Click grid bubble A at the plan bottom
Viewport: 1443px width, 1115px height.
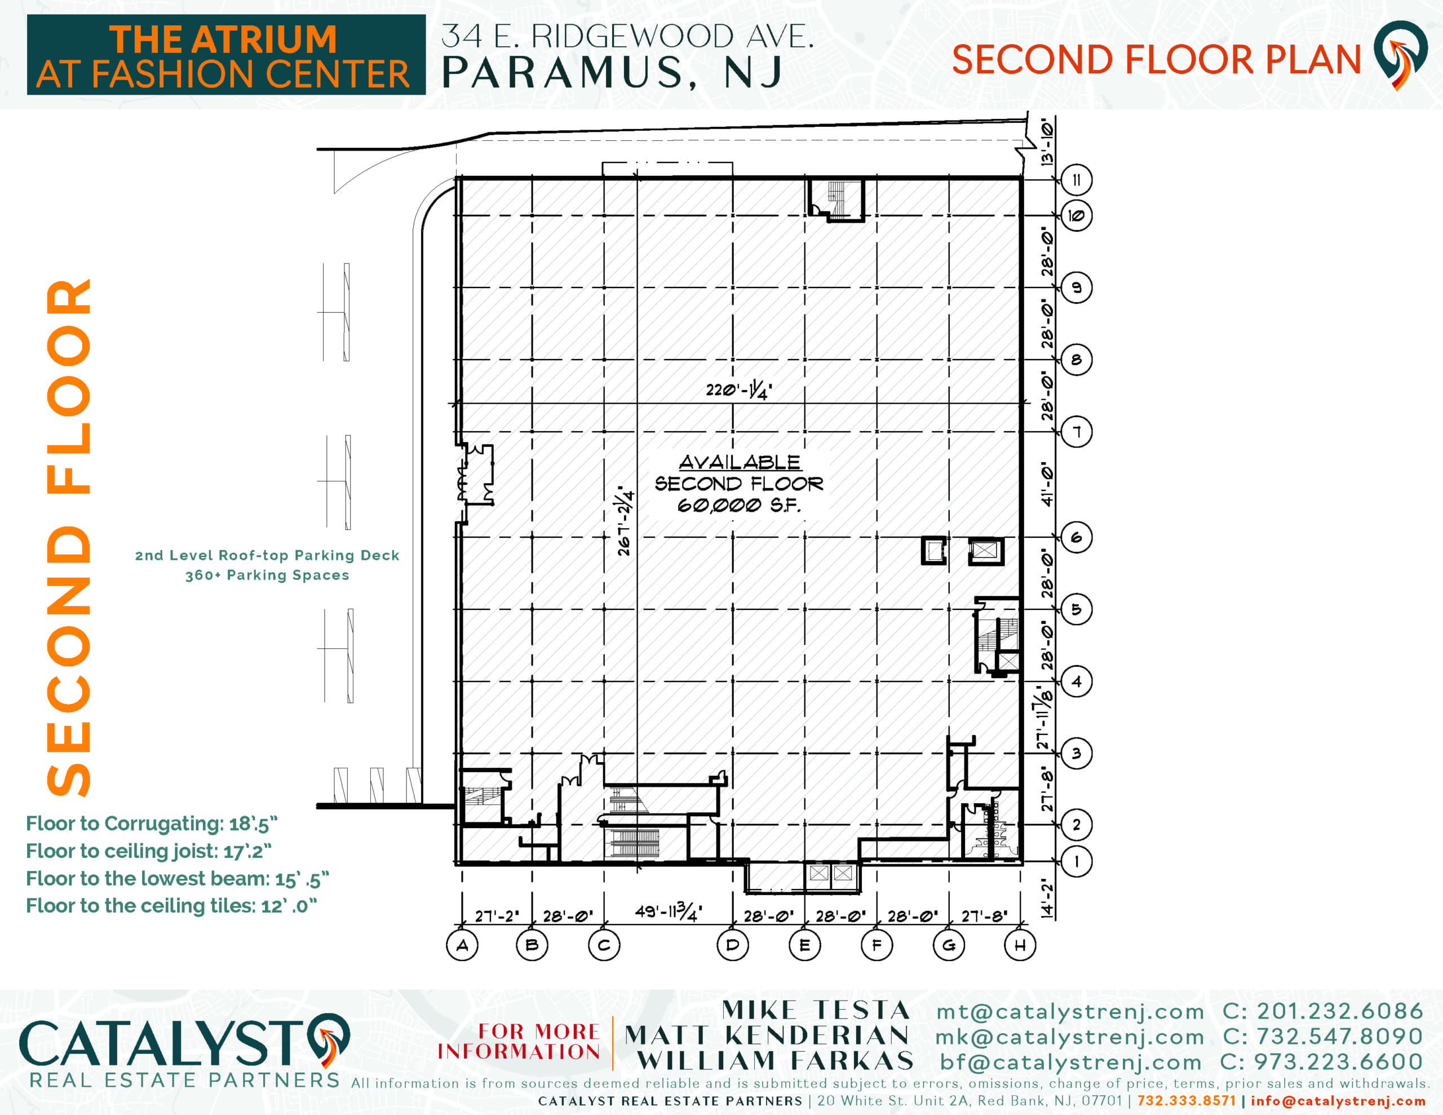[x=463, y=945]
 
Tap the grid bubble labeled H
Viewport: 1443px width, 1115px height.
[x=1020, y=945]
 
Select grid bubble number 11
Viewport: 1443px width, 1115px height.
[x=1076, y=180]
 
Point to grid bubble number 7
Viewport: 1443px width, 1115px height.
[x=1076, y=432]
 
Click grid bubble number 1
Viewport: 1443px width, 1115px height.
[x=1076, y=861]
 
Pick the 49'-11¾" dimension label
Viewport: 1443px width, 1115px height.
[x=668, y=912]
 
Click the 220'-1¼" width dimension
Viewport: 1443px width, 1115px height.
[x=738, y=391]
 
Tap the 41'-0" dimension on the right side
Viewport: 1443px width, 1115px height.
[x=1047, y=484]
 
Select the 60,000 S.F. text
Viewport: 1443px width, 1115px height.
[x=738, y=506]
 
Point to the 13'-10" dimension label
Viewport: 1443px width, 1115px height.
[x=1047, y=141]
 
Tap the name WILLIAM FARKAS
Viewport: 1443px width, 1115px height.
[x=776, y=1061]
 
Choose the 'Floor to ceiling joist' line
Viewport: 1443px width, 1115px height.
[x=149, y=851]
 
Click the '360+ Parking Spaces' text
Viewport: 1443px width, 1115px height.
[x=267, y=575]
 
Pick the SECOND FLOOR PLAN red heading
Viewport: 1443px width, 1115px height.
[x=1156, y=60]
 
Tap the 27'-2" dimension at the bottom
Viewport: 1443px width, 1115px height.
[x=497, y=916]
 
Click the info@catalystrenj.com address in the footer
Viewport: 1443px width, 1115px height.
[x=1338, y=1100]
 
